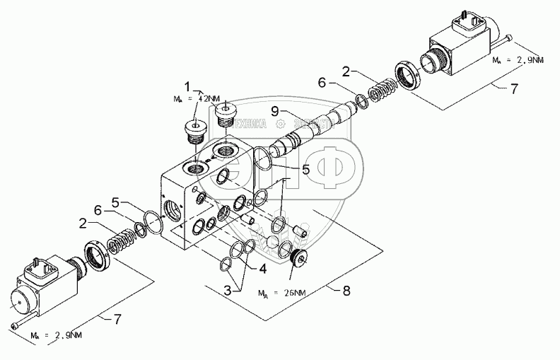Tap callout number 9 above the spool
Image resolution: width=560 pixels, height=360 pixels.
coord(274,110)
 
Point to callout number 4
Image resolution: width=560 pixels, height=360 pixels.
coord(264,269)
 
